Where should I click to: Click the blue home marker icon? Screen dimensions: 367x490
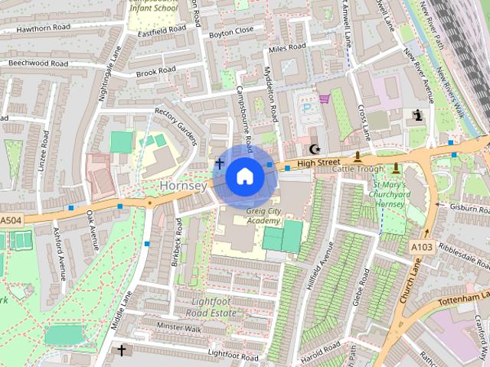(x=244, y=177)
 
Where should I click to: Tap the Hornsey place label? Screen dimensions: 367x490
(x=183, y=186)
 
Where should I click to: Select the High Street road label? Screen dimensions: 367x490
(x=318, y=163)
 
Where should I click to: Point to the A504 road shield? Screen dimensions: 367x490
(x=11, y=221)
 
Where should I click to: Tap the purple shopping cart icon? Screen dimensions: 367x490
(x=325, y=98)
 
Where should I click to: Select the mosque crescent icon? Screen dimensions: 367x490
(x=313, y=149)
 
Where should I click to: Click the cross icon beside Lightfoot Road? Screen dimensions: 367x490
(x=121, y=349)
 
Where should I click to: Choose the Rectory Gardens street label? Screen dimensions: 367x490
(x=176, y=126)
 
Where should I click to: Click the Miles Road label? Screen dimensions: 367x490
(x=287, y=48)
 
